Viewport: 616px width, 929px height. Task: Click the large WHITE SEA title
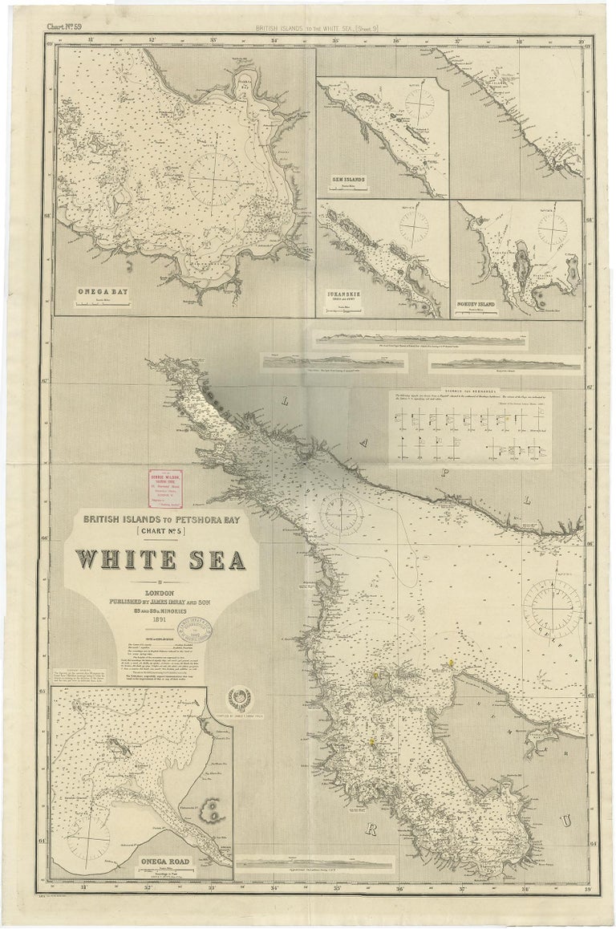[x=160, y=560]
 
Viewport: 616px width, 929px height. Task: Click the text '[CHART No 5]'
[x=161, y=530]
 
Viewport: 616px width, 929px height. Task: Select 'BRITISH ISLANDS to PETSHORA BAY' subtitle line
[x=161, y=518]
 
